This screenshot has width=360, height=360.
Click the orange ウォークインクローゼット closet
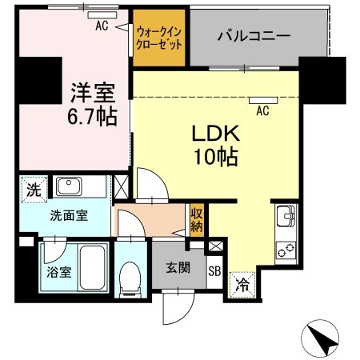click(x=159, y=36)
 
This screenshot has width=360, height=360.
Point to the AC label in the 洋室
click(x=102, y=26)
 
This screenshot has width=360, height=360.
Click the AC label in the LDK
click(x=262, y=111)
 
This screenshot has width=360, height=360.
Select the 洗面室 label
click(x=66, y=215)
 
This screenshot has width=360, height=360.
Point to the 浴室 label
click(x=58, y=271)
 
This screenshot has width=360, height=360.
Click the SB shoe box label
click(x=214, y=270)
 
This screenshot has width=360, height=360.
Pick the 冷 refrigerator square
click(x=242, y=282)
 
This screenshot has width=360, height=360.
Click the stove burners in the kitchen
click(x=286, y=247)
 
